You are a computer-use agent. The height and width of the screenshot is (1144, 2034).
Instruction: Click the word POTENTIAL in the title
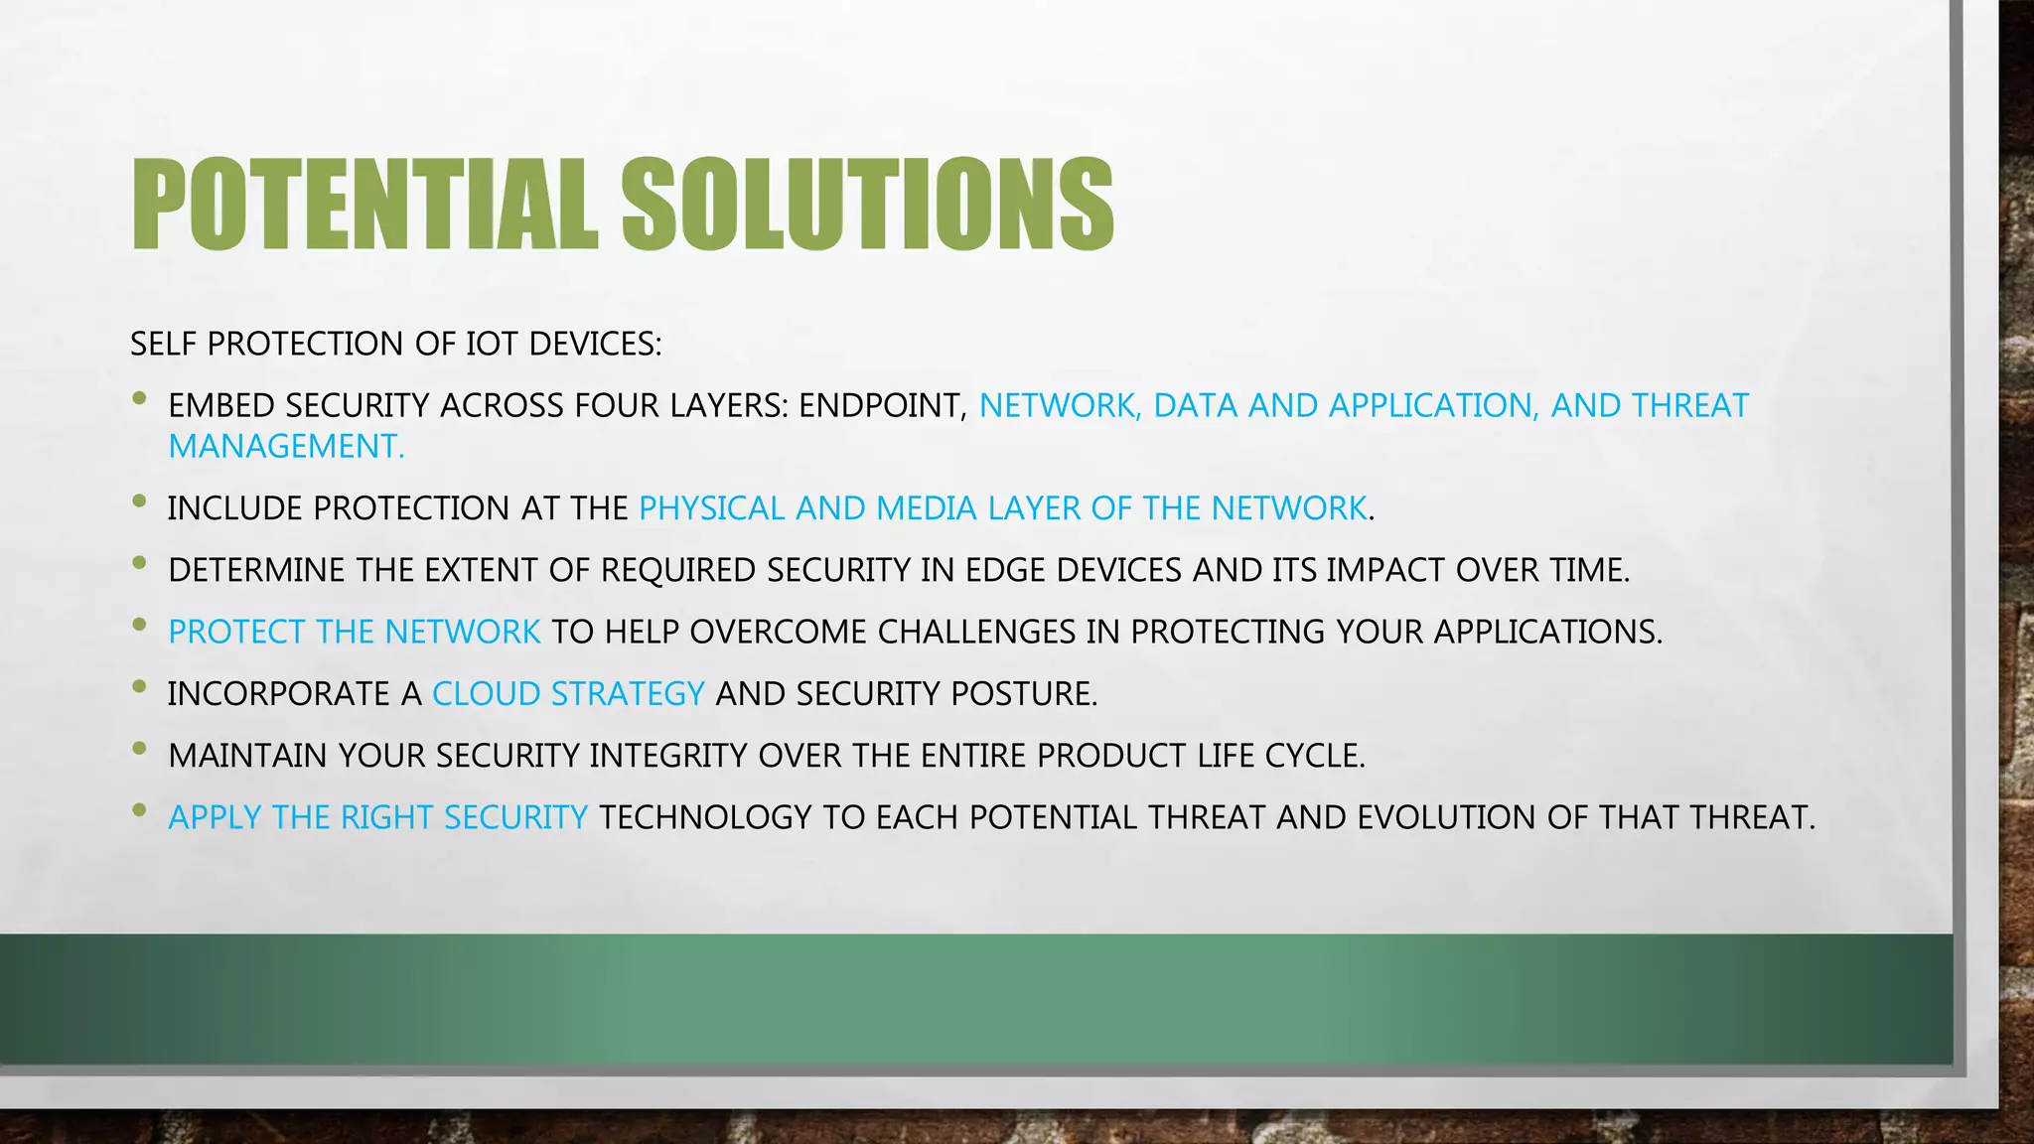[363, 205]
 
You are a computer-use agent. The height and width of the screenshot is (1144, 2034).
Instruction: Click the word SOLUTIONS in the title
[867, 205]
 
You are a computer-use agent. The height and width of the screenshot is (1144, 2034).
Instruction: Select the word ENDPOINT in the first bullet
[882, 405]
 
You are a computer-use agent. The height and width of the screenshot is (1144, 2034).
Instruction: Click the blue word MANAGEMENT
[286, 447]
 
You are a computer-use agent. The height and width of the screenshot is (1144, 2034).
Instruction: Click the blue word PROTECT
[236, 632]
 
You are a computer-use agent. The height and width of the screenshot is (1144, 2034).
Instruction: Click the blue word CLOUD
[486, 693]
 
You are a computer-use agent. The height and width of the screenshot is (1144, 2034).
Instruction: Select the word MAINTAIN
[248, 756]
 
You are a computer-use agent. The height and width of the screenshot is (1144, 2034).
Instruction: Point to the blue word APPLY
[215, 817]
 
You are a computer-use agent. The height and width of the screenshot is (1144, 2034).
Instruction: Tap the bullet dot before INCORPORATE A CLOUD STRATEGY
[139, 686]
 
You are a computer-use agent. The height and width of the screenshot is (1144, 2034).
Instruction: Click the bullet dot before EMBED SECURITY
[139, 398]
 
